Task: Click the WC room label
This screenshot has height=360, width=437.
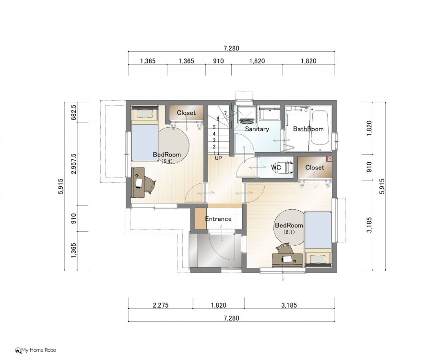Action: pos(276,168)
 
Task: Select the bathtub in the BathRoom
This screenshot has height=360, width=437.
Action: pos(319,128)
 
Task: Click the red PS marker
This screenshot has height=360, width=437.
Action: pos(330,159)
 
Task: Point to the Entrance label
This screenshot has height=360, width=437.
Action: pos(218,219)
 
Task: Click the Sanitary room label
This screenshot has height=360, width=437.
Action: pos(257,129)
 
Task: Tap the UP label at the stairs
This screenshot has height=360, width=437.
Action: pos(218,158)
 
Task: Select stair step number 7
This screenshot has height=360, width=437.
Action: pos(225,113)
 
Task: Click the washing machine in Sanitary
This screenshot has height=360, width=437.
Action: pos(245,115)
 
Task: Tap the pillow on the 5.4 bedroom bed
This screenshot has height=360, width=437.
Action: pos(145,113)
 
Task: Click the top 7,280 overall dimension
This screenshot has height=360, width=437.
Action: pos(231,48)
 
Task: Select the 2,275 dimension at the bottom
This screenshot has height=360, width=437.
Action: pos(161,305)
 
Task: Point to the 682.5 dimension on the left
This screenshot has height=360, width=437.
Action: pos(73,112)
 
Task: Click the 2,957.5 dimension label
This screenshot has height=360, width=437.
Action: pos(73,164)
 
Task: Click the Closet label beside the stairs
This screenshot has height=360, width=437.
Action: pos(186,113)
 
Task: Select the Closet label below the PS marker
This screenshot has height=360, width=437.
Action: pos(315,168)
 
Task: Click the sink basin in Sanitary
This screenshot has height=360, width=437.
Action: pos(270,114)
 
